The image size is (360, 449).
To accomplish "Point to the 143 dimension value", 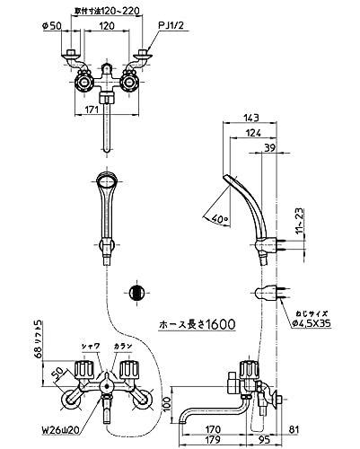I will click(250, 118).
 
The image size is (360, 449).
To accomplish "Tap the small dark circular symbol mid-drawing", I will click(135, 292).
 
